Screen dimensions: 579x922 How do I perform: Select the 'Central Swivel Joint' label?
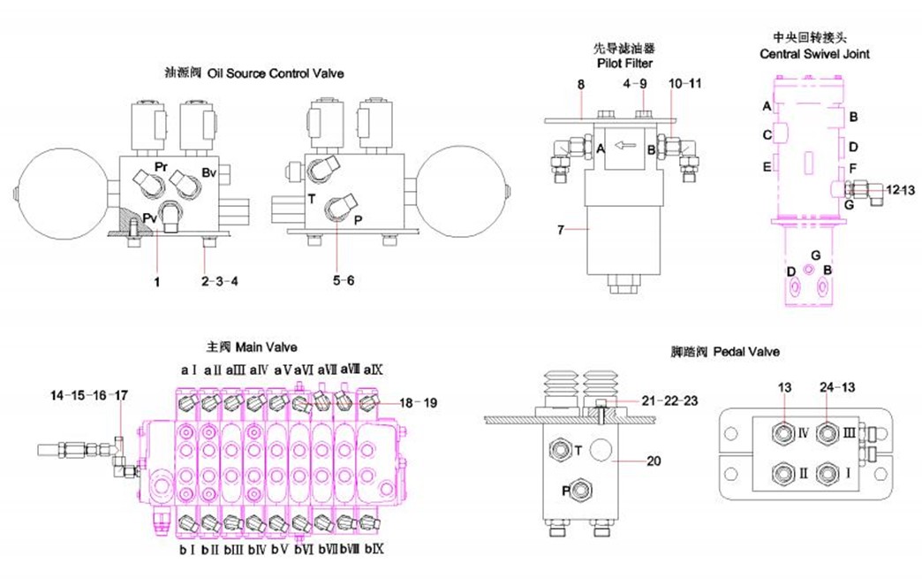click(x=814, y=54)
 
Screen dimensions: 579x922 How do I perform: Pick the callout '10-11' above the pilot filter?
click(x=684, y=83)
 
